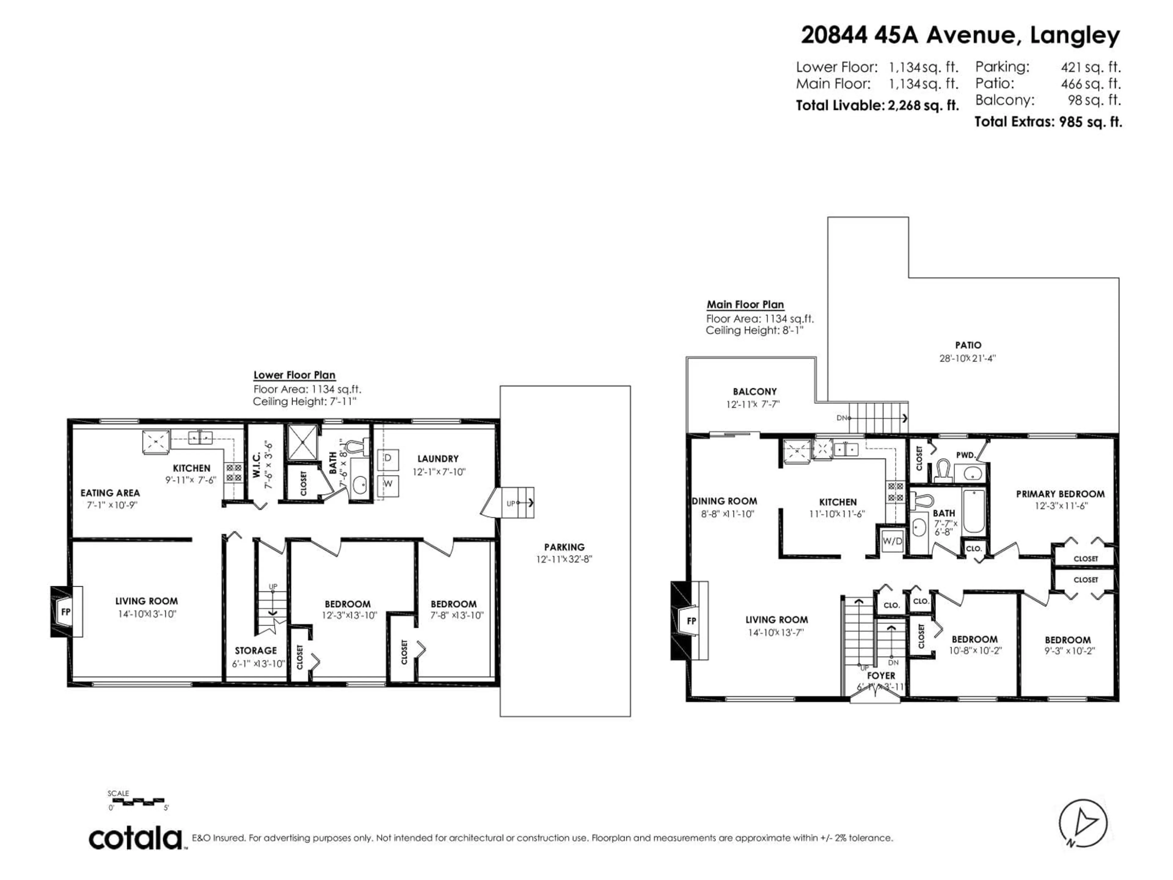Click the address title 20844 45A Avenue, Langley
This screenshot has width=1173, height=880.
960,35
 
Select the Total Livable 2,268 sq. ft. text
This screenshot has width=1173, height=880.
877,105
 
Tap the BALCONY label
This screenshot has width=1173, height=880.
755,391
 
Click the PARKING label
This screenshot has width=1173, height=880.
564,547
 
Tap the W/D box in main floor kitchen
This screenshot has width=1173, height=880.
892,541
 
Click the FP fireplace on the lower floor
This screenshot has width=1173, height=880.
66,612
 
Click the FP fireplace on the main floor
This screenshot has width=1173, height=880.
692,621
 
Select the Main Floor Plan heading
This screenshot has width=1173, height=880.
745,304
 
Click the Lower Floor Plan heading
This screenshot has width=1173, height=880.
294,375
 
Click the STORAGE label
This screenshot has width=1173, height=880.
256,650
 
